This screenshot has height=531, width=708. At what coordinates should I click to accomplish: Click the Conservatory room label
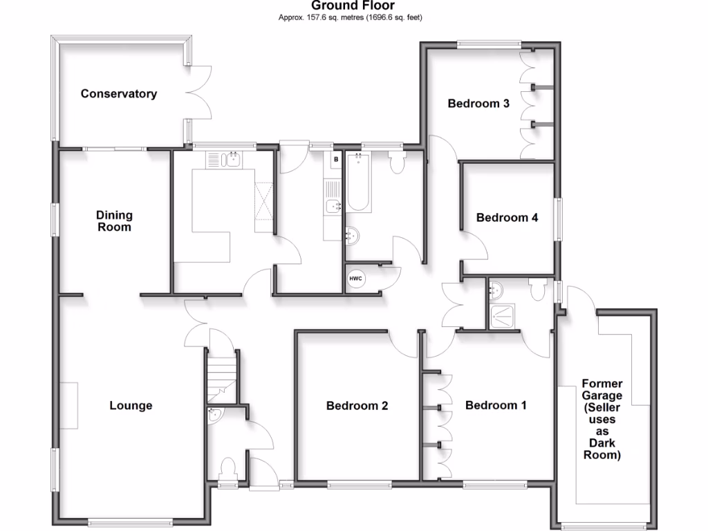pyautogui.click(x=118, y=93)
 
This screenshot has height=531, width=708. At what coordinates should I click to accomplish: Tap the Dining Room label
pyautogui.click(x=113, y=221)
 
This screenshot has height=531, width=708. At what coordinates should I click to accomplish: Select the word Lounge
pyautogui.click(x=131, y=405)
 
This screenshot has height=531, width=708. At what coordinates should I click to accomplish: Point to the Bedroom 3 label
pyautogui.click(x=478, y=104)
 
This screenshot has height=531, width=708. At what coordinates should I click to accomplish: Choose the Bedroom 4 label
pyautogui.click(x=507, y=217)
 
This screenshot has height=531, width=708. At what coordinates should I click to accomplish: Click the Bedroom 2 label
pyautogui.click(x=357, y=405)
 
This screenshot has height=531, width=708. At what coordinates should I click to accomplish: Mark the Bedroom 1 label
pyautogui.click(x=496, y=405)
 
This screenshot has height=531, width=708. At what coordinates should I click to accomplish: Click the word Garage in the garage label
pyautogui.click(x=602, y=395)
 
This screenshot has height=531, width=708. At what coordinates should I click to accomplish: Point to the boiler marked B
pyautogui.click(x=336, y=160)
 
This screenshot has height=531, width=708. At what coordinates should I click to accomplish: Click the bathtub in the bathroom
pyautogui.click(x=358, y=183)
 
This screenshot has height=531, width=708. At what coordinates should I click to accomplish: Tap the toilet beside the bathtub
pyautogui.click(x=397, y=163)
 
